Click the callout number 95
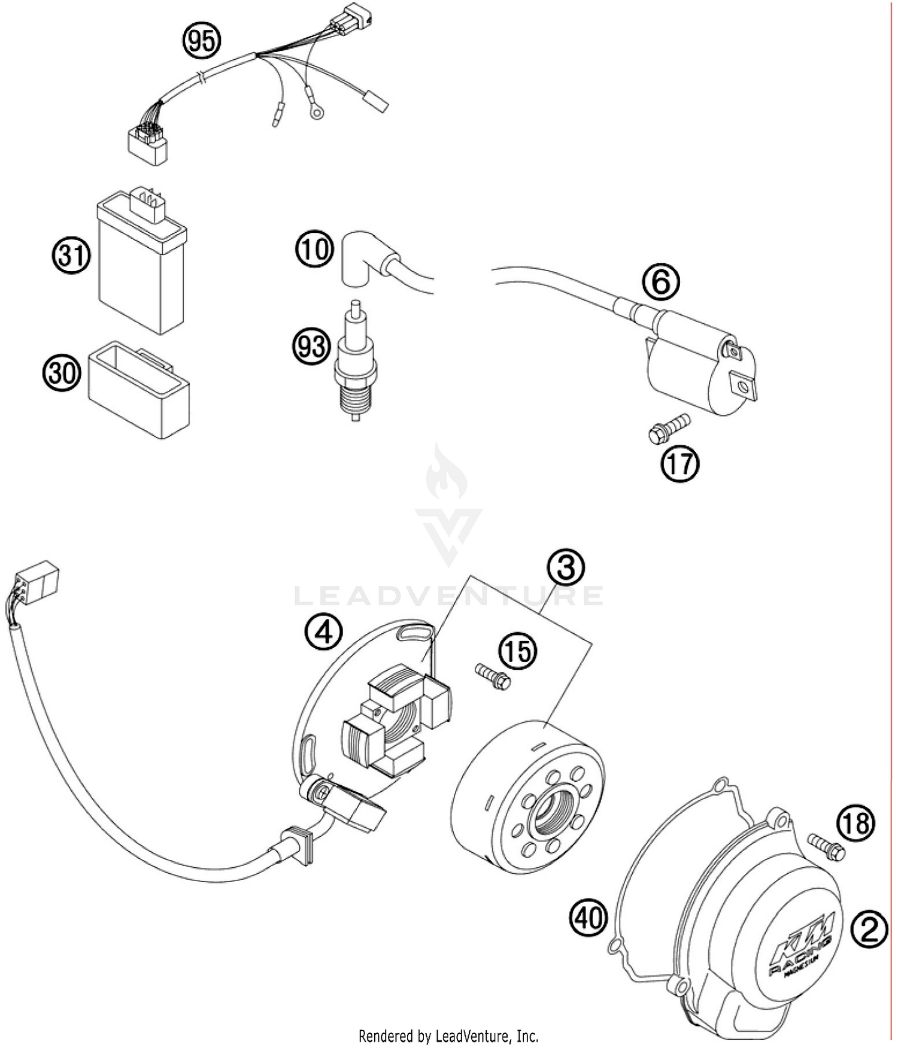(202, 41)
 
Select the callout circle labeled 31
(71, 256)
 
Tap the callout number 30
(62, 373)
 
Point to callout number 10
(314, 248)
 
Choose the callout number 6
(661, 282)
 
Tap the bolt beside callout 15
(493, 676)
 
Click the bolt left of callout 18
(826, 846)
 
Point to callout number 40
(588, 917)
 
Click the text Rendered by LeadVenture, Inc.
(448, 1035)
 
